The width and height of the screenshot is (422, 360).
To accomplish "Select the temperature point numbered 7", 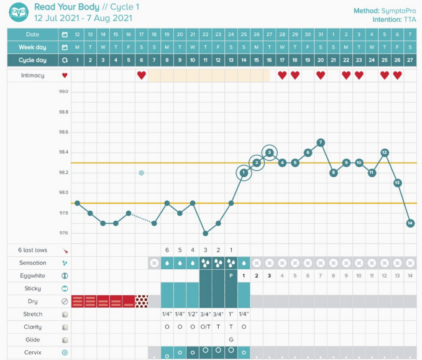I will pyautogui.click(x=321, y=142).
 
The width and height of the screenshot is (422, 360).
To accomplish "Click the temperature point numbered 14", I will pyautogui.click(x=410, y=223).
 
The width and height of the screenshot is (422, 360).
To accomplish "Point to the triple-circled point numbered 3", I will pyautogui.click(x=269, y=152).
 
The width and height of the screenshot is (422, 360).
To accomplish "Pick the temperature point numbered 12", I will pyautogui.click(x=385, y=152).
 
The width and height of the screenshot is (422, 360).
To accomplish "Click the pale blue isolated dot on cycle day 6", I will pyautogui.click(x=141, y=173).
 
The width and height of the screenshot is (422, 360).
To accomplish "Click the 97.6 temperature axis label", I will pyautogui.click(x=63, y=233).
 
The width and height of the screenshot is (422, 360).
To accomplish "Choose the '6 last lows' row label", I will pyautogui.click(x=32, y=250).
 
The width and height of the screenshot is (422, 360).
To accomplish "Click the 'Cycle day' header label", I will pyautogui.click(x=33, y=60).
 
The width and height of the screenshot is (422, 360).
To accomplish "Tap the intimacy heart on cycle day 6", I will pyautogui.click(x=141, y=75).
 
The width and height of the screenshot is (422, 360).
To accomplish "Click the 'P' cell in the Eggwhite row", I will pyautogui.click(x=231, y=275).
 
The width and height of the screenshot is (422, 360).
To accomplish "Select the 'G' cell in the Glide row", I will pyautogui.click(x=231, y=339).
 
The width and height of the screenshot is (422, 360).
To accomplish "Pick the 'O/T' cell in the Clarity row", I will pyautogui.click(x=205, y=327).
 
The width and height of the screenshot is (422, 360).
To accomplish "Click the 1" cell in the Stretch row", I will pyautogui.click(x=231, y=314).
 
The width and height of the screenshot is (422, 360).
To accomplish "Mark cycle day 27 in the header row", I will pyautogui.click(x=410, y=60).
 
